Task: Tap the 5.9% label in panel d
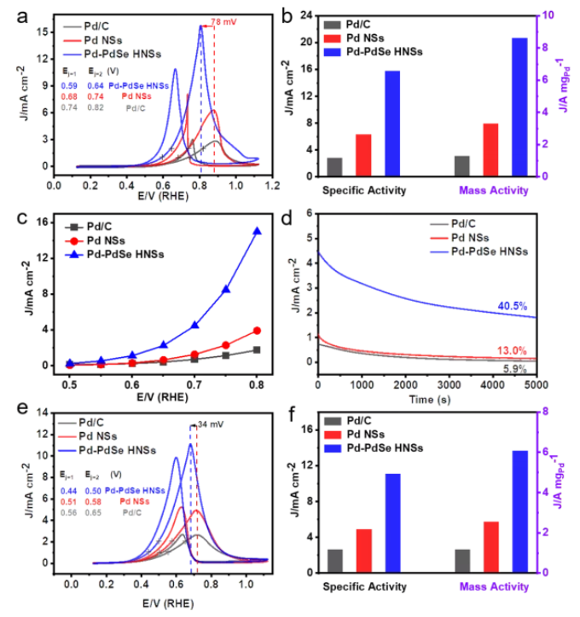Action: click(538, 368)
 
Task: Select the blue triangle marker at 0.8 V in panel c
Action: click(257, 231)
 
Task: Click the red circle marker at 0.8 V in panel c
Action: click(257, 331)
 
